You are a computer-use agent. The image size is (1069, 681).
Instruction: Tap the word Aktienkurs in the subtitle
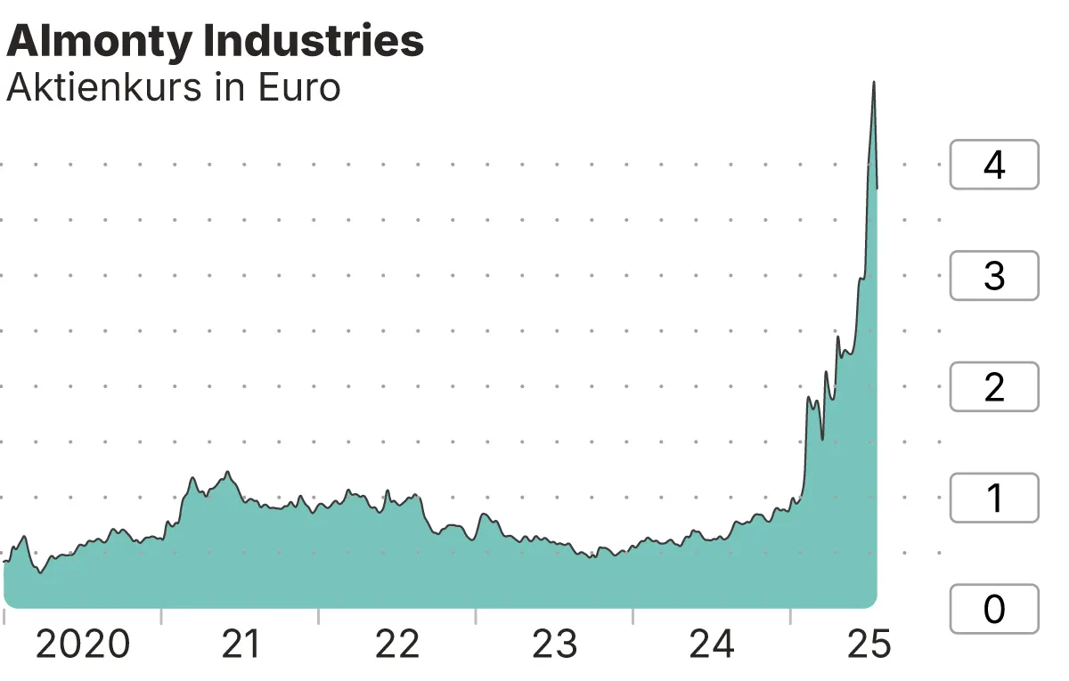[104, 88]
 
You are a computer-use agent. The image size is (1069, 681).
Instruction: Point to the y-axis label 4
[994, 165]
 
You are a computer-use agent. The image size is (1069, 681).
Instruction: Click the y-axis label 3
[994, 276]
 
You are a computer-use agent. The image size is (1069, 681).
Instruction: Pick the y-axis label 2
[994, 387]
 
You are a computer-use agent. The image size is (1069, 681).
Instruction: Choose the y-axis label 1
[994, 499]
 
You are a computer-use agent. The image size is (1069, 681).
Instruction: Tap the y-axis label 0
[994, 609]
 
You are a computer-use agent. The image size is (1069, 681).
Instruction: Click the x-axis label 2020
[83, 645]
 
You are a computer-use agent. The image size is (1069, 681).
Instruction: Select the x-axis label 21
[241, 645]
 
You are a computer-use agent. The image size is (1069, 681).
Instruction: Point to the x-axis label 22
[397, 645]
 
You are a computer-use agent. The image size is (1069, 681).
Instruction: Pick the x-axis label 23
[555, 645]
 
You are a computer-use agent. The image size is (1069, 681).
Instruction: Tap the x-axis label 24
[713, 645]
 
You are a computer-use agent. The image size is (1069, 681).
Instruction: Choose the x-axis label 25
[869, 645]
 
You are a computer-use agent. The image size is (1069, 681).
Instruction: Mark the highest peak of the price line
[874, 82]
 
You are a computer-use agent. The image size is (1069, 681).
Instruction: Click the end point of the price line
[877, 188]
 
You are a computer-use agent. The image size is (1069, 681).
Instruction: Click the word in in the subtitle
[231, 88]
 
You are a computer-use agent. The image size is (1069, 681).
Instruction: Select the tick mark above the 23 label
[633, 616]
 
